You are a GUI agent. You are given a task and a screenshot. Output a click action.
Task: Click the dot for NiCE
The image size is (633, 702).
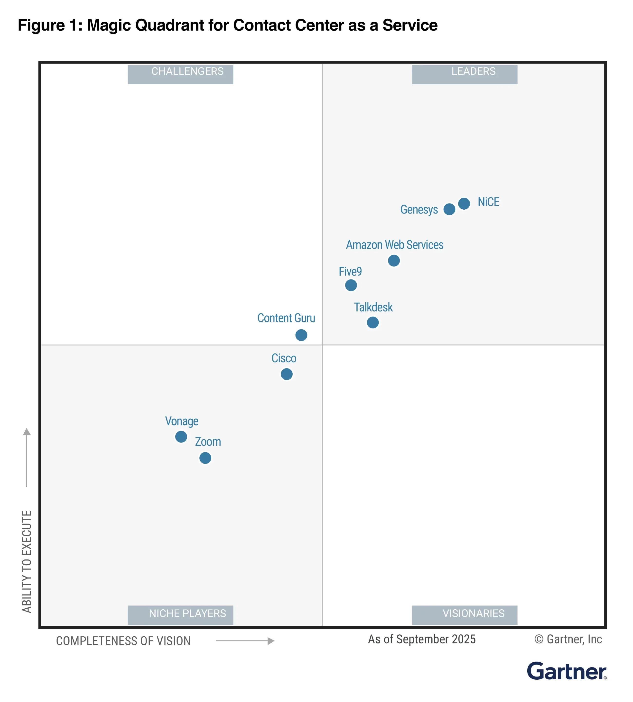coord(464,204)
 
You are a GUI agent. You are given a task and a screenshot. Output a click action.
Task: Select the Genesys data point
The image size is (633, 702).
coord(449,209)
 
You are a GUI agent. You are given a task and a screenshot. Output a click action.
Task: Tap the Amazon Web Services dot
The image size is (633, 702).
coord(394,260)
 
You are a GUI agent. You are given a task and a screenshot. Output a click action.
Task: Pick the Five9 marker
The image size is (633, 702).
coord(351,285)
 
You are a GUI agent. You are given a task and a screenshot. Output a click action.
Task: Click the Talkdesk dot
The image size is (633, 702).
coord(373,323)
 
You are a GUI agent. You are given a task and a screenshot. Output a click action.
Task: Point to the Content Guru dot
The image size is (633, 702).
coord(301,335)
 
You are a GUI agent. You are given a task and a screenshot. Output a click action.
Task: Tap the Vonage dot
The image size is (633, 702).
coord(181,437)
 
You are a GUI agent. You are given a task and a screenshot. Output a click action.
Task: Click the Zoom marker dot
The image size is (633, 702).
coord(205,458)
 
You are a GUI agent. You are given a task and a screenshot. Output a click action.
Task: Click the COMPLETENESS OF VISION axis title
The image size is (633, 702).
coord(123,641)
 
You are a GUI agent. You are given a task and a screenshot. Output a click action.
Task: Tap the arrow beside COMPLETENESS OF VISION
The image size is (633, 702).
coord(245,641)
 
